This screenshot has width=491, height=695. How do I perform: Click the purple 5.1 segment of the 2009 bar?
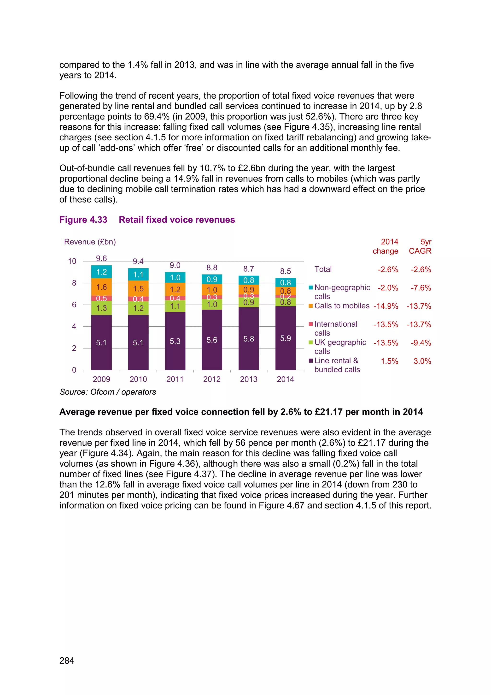[101, 342]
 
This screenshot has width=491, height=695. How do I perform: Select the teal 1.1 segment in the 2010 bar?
[138, 275]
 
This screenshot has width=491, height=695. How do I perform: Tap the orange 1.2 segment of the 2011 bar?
[175, 289]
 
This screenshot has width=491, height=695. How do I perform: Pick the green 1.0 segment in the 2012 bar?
[212, 305]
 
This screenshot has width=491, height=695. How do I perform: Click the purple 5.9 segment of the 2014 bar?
[285, 338]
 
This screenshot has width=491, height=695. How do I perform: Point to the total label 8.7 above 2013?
[249, 269]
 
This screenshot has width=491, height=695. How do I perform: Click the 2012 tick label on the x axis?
[212, 379]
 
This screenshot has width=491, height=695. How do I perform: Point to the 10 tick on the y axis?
[72, 261]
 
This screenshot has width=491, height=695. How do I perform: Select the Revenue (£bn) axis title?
[90, 242]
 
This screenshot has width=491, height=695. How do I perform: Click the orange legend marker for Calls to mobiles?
[310, 306]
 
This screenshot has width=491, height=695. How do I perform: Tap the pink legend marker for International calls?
[310, 324]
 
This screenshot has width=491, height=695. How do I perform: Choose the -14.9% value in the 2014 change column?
[386, 306]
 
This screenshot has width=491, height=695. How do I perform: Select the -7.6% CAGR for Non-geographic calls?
[421, 288]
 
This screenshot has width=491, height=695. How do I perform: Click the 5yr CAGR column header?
[420, 246]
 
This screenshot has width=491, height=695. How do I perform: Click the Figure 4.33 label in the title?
[83, 220]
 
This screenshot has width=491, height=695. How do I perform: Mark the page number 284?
[67, 660]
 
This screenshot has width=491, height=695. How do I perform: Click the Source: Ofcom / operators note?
[108, 392]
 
